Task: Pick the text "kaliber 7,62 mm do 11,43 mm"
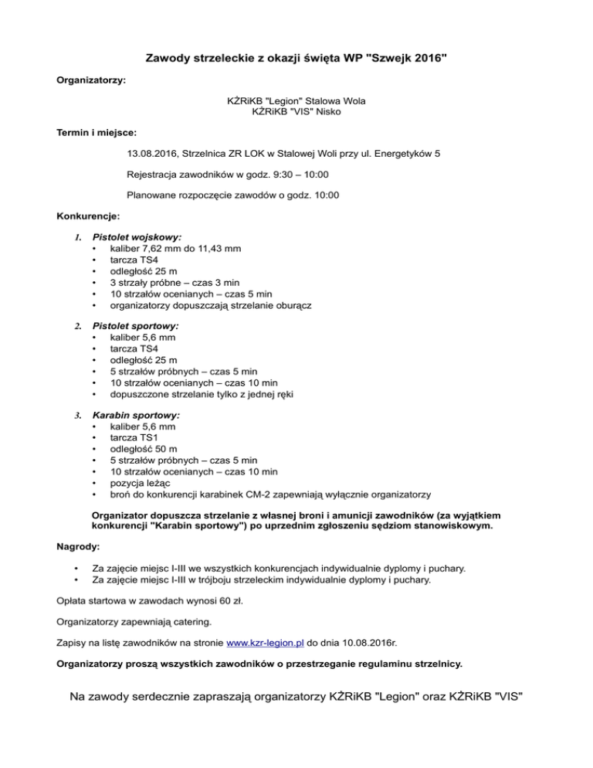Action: click(176, 249)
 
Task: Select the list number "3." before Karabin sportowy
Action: click(77, 415)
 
